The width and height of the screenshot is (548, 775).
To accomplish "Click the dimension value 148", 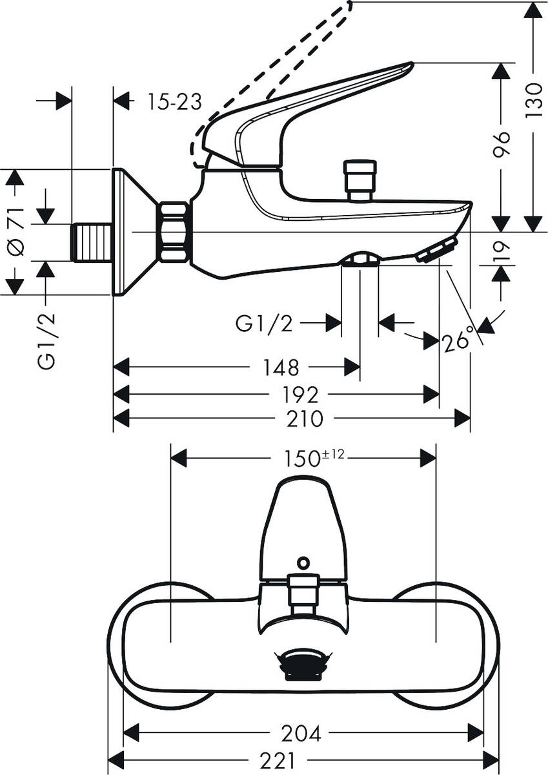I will (281, 368).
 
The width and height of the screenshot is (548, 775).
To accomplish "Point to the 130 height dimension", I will (533, 99).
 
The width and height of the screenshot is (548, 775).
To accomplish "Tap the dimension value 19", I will (502, 251).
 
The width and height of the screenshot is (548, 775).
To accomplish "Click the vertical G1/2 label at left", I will (46, 341).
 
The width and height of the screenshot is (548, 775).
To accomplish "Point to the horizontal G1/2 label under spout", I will (264, 324).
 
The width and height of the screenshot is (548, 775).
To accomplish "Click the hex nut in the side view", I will (174, 232).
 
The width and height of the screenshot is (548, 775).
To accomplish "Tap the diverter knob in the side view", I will (360, 179).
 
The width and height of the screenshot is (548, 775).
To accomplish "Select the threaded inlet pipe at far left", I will (91, 242).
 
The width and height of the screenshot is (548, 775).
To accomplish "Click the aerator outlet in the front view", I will (303, 665).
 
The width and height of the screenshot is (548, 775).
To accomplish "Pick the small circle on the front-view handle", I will (303, 563).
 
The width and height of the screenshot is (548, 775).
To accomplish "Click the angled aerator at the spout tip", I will (438, 250).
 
